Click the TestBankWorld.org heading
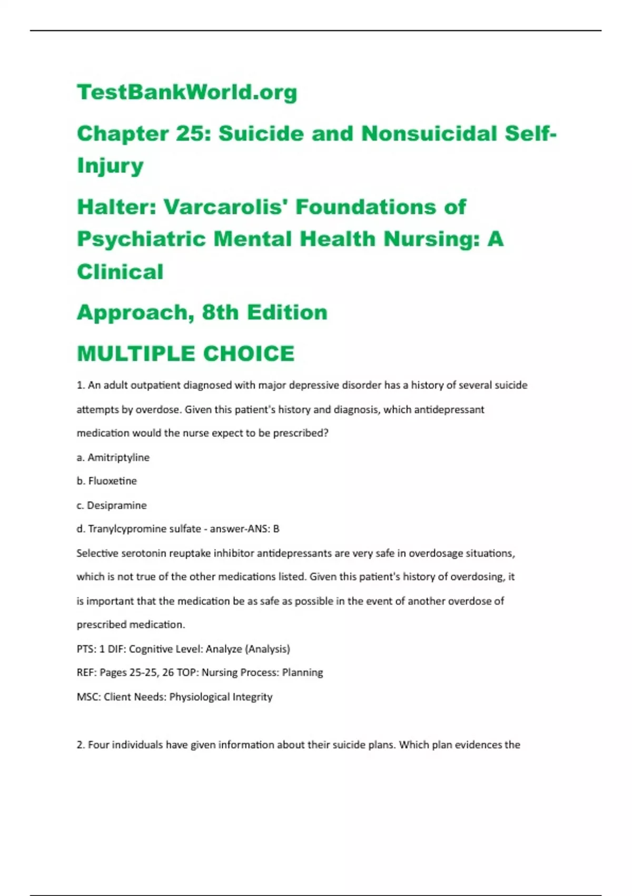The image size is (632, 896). [x=187, y=92]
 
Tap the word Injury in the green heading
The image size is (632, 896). [x=110, y=165]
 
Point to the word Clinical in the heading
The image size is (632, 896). [x=120, y=272]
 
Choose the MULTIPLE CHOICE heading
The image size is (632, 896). [x=185, y=354]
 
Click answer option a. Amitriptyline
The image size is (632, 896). [x=113, y=457]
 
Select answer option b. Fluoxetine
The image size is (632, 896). [x=107, y=481]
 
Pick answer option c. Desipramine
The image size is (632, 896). [x=112, y=505]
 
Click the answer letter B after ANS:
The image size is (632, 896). [x=276, y=529]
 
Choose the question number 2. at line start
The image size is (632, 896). [x=81, y=745]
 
